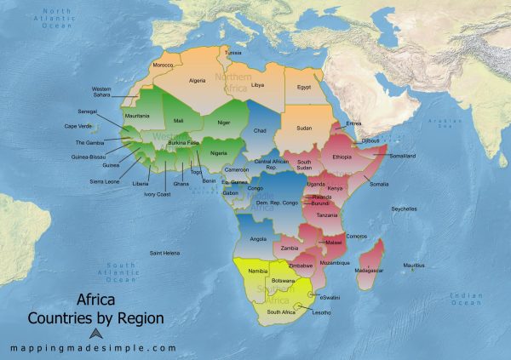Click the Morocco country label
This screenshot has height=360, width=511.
click(x=163, y=66)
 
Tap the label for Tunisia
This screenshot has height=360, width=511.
click(x=233, y=53)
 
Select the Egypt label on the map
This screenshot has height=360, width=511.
click(x=304, y=87)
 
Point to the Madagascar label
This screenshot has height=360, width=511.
click(x=367, y=270)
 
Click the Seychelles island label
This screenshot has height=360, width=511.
click(x=403, y=209)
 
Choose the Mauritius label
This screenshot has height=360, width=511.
click(x=413, y=266)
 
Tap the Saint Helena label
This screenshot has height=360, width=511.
click(x=165, y=253)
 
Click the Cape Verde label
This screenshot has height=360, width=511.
click(x=79, y=126)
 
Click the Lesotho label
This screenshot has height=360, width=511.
click(x=321, y=312)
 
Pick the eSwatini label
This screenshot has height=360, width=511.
click(x=330, y=296)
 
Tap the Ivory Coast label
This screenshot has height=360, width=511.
click(x=157, y=194)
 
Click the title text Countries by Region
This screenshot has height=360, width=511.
click(x=95, y=319)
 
